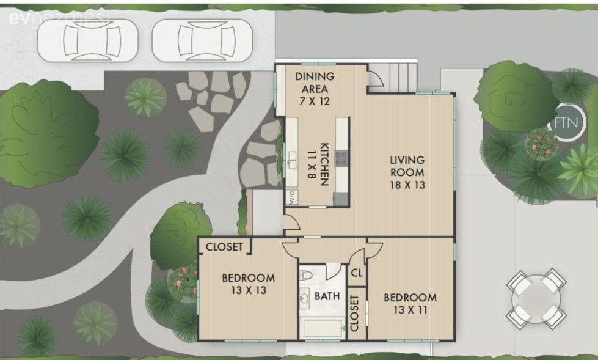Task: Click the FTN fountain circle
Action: [566, 122]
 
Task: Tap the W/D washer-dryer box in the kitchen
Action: [292, 197]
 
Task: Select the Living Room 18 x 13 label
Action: [407, 172]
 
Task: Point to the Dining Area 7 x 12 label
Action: [315, 89]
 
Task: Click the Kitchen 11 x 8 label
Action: [318, 164]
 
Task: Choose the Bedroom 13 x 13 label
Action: [248, 284]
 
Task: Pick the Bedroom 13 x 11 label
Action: [410, 303]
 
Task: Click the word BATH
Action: [327, 296]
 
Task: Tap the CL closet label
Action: [357, 273]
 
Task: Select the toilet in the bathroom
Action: [305, 274]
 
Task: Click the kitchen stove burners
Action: [341, 158]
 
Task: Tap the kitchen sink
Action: [292, 160]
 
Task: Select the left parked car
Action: [88, 40]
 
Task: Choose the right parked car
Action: [202, 40]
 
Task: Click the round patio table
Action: [536, 298]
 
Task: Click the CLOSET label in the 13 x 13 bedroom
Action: [224, 246]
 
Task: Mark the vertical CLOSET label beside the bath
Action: [354, 313]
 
